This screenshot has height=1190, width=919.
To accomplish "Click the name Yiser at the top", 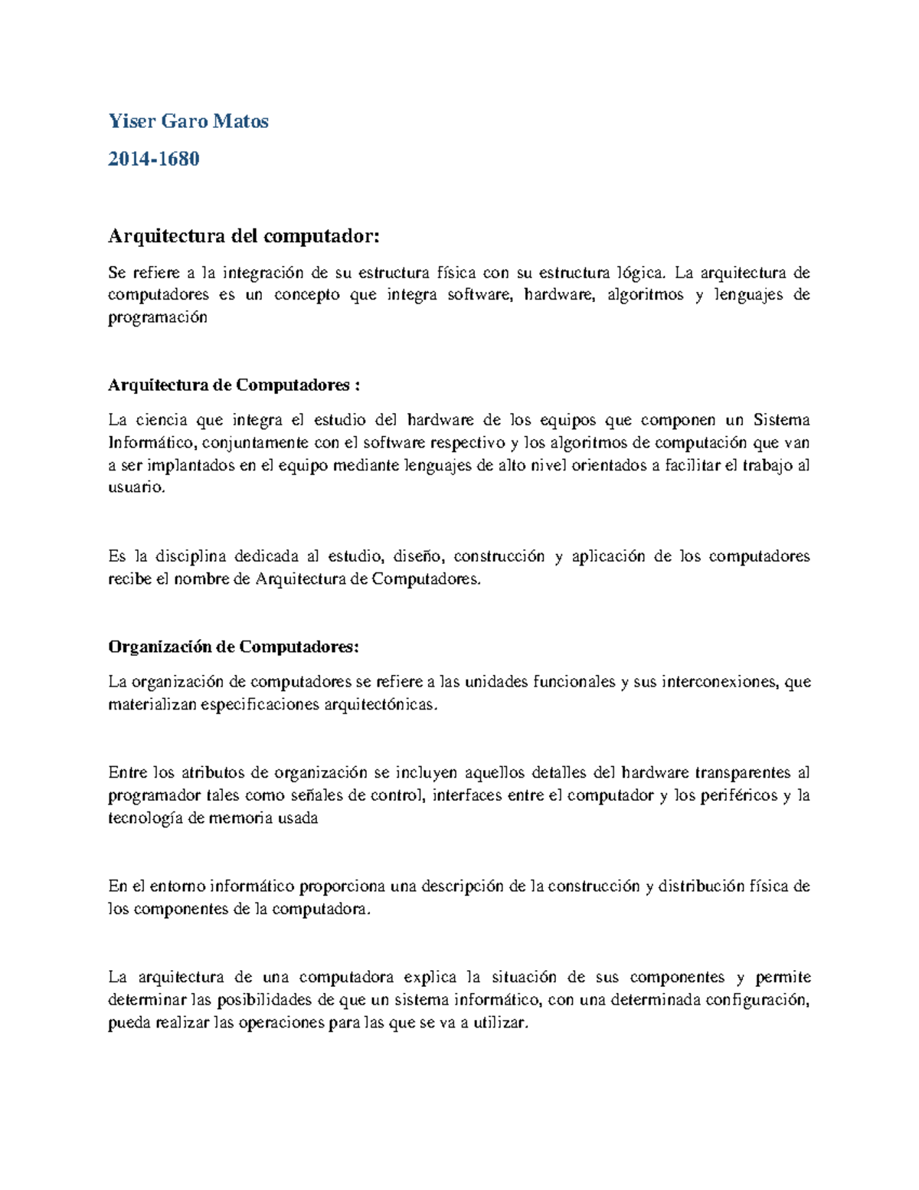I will (x=130, y=121).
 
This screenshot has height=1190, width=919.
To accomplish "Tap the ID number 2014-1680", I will (x=154, y=159).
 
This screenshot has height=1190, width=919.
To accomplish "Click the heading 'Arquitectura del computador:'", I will (x=244, y=236).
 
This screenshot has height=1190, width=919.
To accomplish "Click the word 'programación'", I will (x=158, y=319).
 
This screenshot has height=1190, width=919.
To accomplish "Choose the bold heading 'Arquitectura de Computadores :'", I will (x=234, y=385).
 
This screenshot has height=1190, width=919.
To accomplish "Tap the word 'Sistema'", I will (x=782, y=420).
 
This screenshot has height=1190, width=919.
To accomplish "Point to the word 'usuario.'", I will (x=136, y=488).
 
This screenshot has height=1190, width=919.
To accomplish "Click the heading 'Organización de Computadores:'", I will (x=234, y=647).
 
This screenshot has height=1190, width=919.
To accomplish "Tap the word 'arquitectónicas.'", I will (x=382, y=704).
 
